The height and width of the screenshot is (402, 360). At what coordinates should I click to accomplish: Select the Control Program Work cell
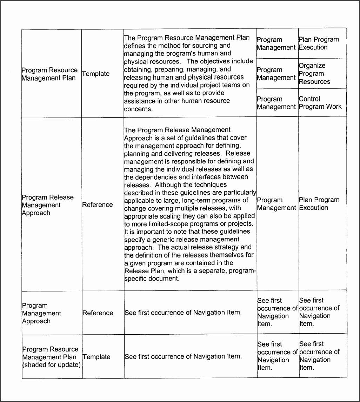320,103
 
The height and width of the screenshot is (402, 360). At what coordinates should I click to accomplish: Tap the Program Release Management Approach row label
48,205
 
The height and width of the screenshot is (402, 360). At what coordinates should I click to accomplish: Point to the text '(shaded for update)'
51,365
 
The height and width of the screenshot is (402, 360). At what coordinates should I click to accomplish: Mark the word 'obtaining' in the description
139,69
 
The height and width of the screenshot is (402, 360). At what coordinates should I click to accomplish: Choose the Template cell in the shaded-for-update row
96,357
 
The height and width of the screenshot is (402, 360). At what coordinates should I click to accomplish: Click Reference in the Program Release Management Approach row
98,205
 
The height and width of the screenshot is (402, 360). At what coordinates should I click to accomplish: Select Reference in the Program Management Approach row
98,313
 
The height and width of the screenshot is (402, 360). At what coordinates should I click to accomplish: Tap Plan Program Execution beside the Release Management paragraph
319,204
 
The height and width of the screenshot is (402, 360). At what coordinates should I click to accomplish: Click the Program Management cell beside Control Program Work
276,103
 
